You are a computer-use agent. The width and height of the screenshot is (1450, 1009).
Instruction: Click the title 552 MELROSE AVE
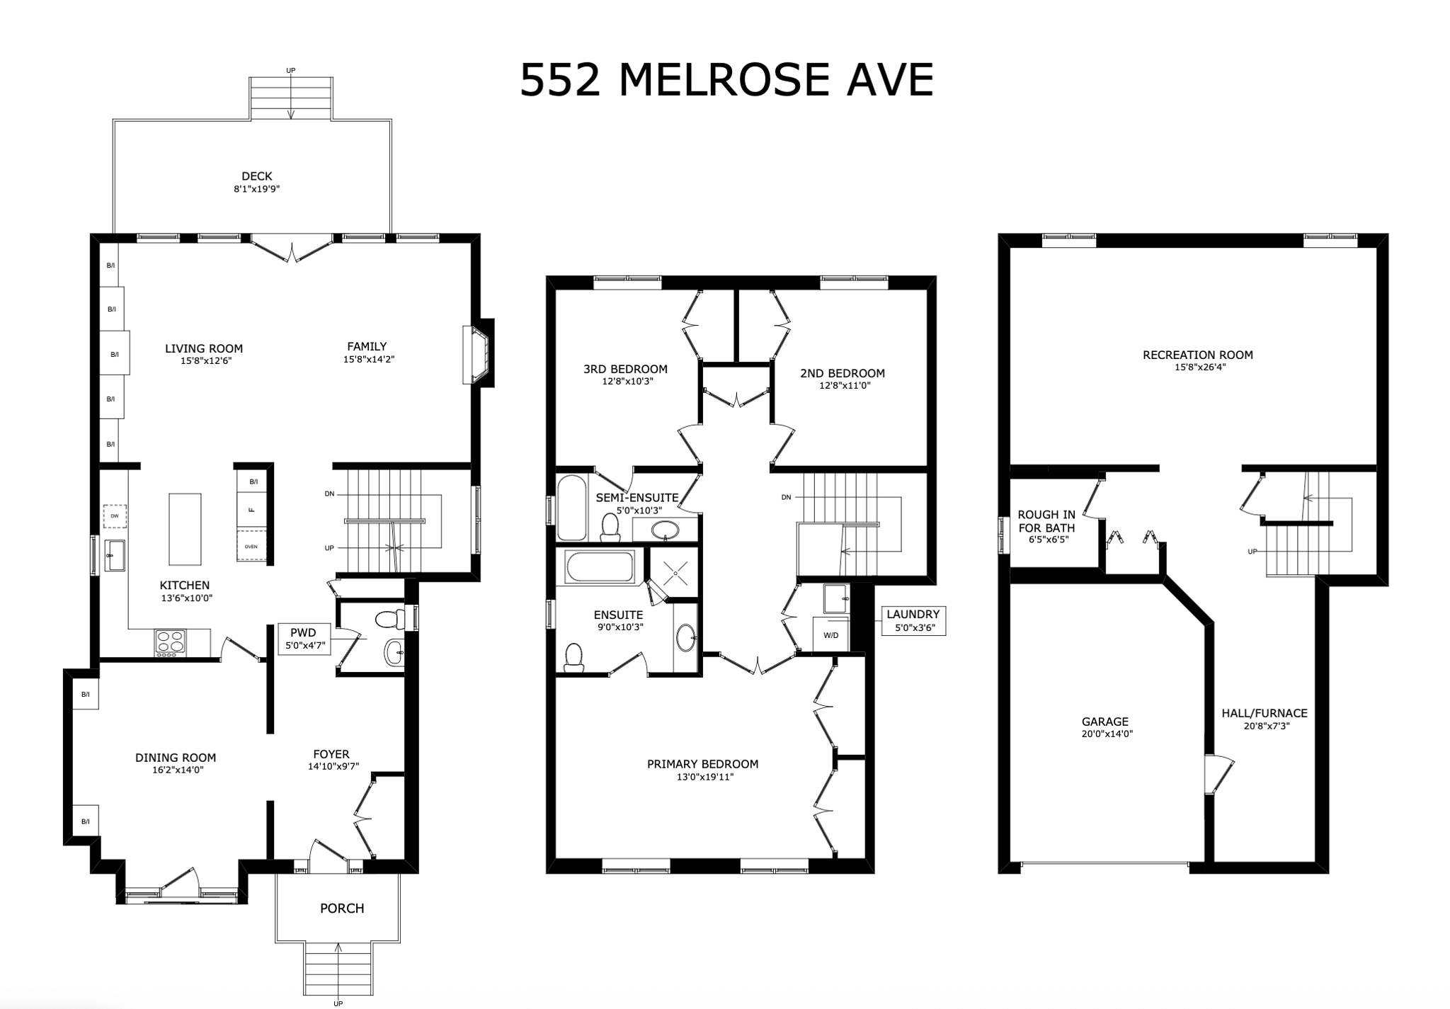pyautogui.click(x=726, y=80)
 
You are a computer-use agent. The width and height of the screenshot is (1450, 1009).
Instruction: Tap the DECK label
pyautogui.click(x=256, y=176)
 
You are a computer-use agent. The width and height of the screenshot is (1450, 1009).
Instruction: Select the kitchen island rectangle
pyautogui.click(x=185, y=529)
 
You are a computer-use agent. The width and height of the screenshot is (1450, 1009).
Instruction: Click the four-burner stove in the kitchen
pyautogui.click(x=170, y=642)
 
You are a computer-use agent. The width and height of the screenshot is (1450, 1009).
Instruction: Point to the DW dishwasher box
pyautogui.click(x=115, y=516)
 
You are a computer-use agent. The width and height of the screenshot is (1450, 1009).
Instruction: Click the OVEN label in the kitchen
pyautogui.click(x=251, y=547)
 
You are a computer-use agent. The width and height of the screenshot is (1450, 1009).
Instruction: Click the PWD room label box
pyautogui.click(x=304, y=637)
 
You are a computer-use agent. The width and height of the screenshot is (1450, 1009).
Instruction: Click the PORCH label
pyautogui.click(x=342, y=908)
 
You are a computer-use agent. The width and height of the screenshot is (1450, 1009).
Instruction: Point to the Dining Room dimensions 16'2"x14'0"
pyautogui.click(x=176, y=770)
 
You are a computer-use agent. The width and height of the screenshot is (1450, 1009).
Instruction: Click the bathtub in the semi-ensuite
pyautogui.click(x=571, y=508)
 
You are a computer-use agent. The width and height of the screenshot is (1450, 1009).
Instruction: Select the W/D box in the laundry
pyautogui.click(x=830, y=635)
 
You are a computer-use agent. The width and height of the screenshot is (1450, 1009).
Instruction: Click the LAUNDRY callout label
pyautogui.click(x=913, y=620)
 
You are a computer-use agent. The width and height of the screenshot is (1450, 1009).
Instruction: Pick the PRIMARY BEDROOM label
pyautogui.click(x=702, y=764)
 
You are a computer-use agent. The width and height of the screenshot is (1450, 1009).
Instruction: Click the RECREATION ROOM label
pyautogui.click(x=1197, y=355)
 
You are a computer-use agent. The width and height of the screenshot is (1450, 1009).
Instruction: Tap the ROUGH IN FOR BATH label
pyautogui.click(x=1046, y=521)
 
